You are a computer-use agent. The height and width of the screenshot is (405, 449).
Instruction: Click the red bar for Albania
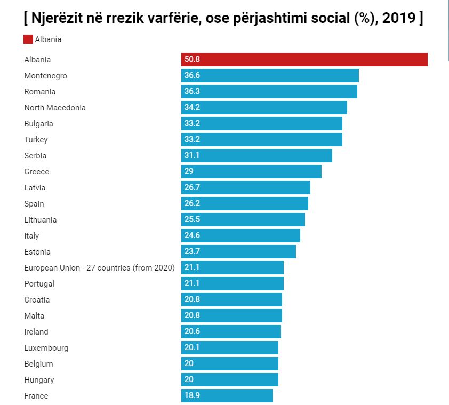[x=304, y=60]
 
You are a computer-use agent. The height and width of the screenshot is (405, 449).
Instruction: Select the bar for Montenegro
[x=270, y=76]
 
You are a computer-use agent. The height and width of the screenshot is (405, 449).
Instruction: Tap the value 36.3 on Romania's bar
[x=192, y=92]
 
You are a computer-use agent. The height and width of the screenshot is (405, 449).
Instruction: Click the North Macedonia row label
[x=55, y=108]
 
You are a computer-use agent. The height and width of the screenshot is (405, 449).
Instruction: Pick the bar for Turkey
[x=261, y=140]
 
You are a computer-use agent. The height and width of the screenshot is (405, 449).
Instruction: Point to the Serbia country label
[x=35, y=156]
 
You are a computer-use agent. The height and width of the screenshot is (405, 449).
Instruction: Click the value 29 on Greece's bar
[x=189, y=172]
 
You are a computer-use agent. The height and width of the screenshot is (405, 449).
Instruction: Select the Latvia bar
[x=245, y=188]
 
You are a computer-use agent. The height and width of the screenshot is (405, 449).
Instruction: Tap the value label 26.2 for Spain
[x=192, y=204]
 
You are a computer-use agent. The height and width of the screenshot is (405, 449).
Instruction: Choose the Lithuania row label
[x=41, y=220]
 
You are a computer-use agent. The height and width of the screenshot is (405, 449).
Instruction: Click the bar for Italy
[x=240, y=236]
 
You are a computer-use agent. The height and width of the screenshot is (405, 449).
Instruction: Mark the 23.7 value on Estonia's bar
[x=192, y=252]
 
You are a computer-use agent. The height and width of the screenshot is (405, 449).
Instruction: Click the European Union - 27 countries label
[x=99, y=268]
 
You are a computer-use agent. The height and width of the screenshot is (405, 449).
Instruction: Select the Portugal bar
[x=232, y=284]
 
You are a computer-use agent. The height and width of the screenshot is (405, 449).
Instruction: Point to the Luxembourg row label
[x=46, y=348]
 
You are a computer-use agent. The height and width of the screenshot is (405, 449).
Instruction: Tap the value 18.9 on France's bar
[x=192, y=396]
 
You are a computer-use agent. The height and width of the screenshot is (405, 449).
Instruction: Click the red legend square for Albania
[x=28, y=39]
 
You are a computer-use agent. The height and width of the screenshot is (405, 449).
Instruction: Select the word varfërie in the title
[x=190, y=18]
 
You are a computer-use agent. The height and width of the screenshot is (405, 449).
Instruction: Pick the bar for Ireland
[x=231, y=332]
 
